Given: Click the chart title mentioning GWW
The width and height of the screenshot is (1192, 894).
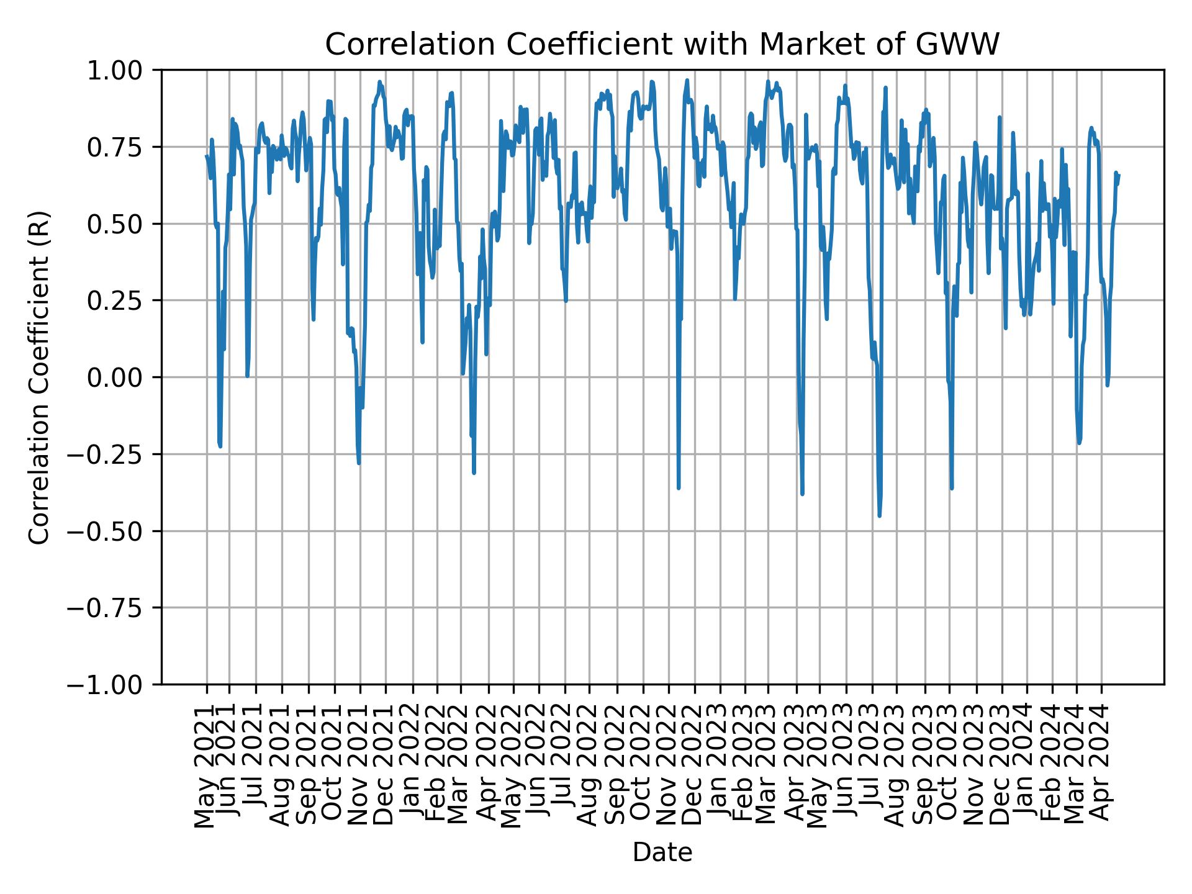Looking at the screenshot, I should coord(662,45).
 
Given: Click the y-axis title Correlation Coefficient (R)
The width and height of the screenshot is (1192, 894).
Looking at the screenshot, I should coord(39,377).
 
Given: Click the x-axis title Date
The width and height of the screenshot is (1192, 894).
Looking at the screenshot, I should coord(662,852).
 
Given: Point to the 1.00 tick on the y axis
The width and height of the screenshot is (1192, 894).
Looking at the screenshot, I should coord(123,70).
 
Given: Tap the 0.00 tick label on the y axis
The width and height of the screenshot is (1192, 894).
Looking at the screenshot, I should coord(123,377).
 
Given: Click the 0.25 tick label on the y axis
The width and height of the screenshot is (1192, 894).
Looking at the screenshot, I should coord(123,300).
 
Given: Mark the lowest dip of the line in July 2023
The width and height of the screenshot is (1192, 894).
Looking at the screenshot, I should coord(879,515).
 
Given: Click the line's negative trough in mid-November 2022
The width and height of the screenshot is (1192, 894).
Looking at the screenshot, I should coord(679,487).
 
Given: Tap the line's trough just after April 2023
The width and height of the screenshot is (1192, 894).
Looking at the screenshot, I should coord(802,494).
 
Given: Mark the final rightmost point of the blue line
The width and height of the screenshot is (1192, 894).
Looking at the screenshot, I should coord(1119,175).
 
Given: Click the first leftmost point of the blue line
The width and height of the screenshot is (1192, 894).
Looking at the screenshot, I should coord(206,156).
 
